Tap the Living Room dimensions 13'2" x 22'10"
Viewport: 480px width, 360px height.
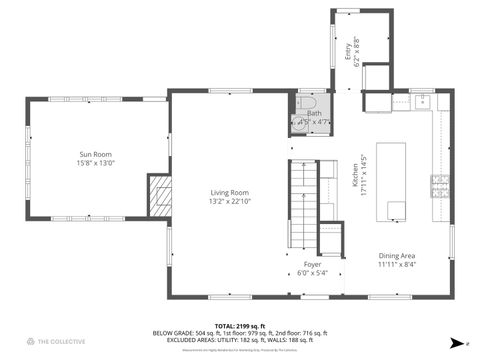229,201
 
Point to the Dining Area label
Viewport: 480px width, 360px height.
396,256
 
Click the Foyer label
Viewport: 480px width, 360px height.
312,264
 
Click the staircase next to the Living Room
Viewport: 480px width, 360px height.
302,205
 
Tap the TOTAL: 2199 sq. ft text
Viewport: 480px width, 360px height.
240,326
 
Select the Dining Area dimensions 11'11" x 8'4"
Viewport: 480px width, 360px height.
396,264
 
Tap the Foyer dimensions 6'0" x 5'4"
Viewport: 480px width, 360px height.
312,272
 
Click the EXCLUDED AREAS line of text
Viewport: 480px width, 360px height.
240,340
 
